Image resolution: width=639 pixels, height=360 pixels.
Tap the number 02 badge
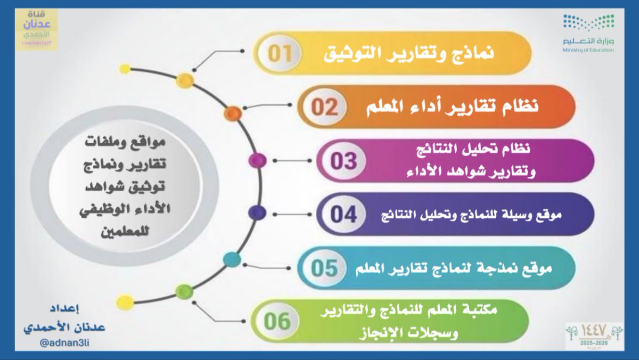(x=325, y=107)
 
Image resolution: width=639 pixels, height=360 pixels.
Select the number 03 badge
(x=343, y=160)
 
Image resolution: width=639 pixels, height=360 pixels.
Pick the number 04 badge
(x=343, y=214)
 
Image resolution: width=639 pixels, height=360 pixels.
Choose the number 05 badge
(x=325, y=267)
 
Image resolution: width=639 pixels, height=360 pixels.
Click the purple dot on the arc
(x=258, y=160)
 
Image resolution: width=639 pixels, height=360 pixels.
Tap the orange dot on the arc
(x=233, y=112)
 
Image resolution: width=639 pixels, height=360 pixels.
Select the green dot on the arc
(x=184, y=291)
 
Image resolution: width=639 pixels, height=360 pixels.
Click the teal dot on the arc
(x=232, y=260)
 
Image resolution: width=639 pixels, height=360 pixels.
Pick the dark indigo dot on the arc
(x=257, y=212)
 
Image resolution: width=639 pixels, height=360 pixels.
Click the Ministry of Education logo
(x=588, y=34)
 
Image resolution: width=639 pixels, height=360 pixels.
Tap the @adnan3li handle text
(x=65, y=343)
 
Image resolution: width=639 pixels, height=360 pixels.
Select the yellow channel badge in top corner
(x=36, y=29)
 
